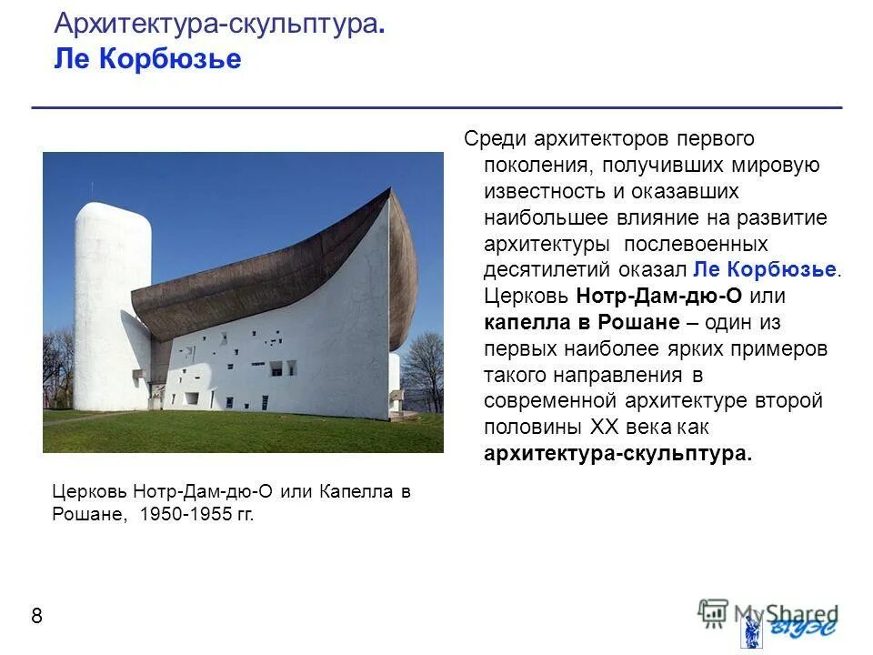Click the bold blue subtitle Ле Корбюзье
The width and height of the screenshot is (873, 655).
coord(147,59)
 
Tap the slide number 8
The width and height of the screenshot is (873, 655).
coord(36,617)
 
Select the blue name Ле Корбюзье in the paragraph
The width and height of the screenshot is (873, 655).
coord(766,270)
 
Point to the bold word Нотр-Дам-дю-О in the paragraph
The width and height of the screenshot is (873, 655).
coord(646,297)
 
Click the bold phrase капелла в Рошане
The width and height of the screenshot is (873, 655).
coord(582,323)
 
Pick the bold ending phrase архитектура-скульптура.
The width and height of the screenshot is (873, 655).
coord(618,454)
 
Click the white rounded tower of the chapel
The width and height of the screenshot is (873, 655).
coord(111,300)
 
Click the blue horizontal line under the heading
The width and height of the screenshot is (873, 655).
coord(436,108)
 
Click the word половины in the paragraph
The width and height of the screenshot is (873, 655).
coord(534,428)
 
